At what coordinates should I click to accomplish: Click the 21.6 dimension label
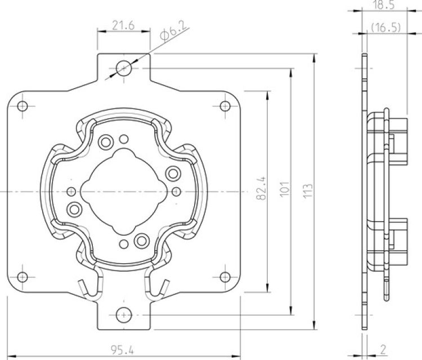pos(123,26)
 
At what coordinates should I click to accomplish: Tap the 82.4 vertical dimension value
pos(261,188)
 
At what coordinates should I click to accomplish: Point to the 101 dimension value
pos(285,189)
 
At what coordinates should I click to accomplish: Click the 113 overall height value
pos(308,191)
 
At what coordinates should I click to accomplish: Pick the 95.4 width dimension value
pos(123,350)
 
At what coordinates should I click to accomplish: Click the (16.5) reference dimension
pos(385,28)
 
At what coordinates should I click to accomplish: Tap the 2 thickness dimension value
pos(383,349)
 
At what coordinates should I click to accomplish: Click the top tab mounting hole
pos(124,68)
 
